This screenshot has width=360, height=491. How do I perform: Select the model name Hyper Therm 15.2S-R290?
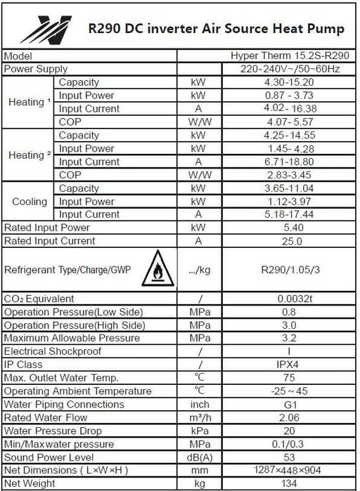tap(290, 55)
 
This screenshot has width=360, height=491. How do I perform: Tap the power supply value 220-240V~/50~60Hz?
tap(290, 69)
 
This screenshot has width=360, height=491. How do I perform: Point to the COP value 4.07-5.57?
tap(290, 122)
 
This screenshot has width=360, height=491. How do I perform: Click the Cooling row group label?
tap(30, 202)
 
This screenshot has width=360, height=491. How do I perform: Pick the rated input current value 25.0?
tap(290, 241)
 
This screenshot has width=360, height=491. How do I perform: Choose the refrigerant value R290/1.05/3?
tap(290, 269)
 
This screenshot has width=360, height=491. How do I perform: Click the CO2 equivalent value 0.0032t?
tap(290, 299)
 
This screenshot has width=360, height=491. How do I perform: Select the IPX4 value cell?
tap(290, 365)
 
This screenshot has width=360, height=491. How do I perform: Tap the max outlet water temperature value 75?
tap(290, 378)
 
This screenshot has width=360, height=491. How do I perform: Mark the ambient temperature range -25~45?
tap(290, 391)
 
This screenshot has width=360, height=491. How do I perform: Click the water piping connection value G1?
tap(290, 404)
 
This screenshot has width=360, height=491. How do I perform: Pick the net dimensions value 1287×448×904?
tap(290, 470)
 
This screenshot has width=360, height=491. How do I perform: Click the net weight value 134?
tap(290, 483)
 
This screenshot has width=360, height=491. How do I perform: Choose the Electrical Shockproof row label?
tap(53, 351)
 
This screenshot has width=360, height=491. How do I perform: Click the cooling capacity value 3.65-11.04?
tap(290, 188)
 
